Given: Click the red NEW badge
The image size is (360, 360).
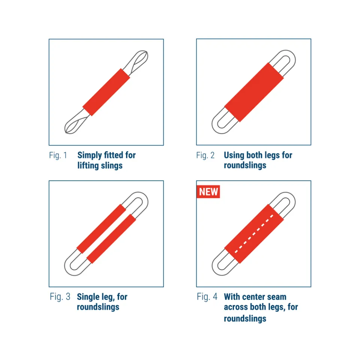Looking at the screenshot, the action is tap(208, 192).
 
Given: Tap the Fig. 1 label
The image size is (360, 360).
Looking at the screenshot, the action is tap(58, 155).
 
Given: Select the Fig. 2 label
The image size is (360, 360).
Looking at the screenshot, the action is tap(205, 155).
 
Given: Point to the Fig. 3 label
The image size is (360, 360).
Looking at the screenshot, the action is tap(60, 297).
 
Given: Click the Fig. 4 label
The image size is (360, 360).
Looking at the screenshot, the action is tap(207, 297).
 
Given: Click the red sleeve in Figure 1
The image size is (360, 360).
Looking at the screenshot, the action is tap(106, 92).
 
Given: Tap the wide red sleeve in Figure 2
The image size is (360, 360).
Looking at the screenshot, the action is tap(254, 92).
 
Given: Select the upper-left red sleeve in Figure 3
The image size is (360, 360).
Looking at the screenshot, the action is tap(101, 229).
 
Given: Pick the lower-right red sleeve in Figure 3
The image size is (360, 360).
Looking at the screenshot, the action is tap(111, 239).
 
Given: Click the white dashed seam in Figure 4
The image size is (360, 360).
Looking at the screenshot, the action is tap(254, 234).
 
